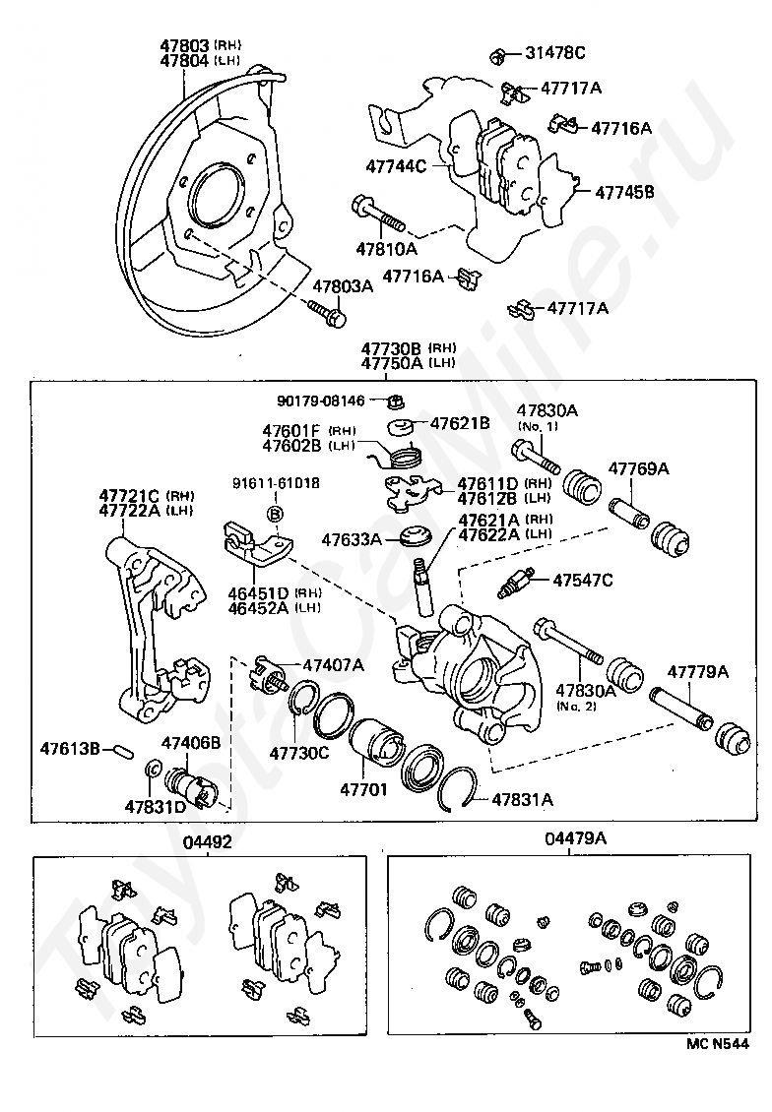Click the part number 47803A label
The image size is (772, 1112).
pos(344,286)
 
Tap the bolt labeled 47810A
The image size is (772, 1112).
pos(378,215)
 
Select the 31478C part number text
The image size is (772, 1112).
pos(555,52)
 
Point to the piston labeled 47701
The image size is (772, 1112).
pos(377,748)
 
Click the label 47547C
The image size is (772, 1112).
pos(583,581)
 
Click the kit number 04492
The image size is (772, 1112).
pos(207,842)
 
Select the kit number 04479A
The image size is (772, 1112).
pos(575,838)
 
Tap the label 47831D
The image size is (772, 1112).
pos(156,806)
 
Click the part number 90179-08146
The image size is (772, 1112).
pos(321,402)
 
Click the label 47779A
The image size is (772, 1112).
pos(698,671)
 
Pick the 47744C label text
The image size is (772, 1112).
pos(396,166)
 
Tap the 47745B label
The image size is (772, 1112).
pos(624,192)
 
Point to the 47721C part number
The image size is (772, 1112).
pos(129,496)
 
